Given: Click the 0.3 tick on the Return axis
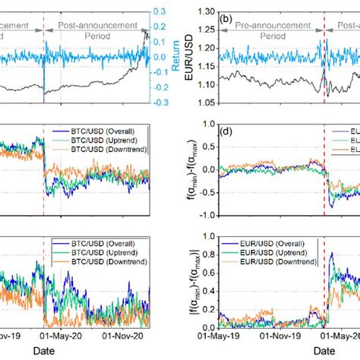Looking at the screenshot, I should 162,11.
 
